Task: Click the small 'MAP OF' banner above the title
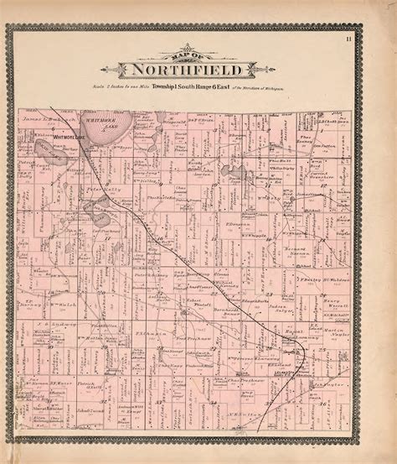(178, 54)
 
